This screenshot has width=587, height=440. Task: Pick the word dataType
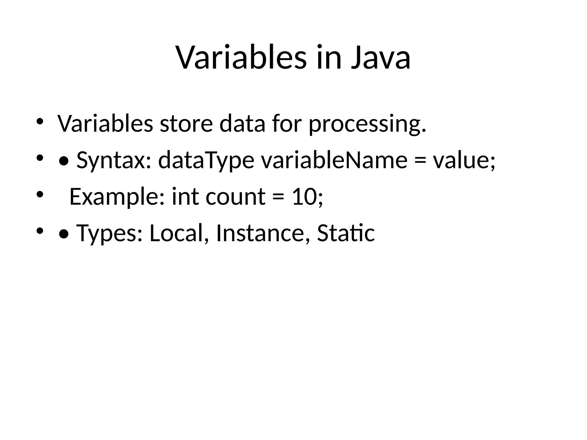click(206, 160)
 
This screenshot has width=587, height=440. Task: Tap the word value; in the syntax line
click(464, 160)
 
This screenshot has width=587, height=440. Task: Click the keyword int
click(185, 197)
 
